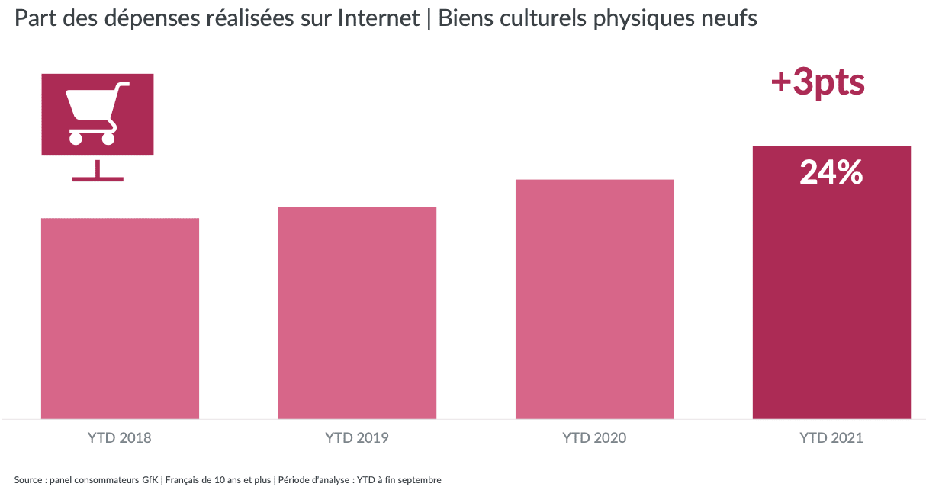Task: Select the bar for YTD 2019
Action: (357, 312)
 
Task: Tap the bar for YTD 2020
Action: (594, 299)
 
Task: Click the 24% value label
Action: (831, 174)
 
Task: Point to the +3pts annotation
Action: (817, 82)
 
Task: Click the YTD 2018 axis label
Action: (120, 438)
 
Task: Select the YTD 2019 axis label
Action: (357, 438)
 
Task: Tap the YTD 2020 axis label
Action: (594, 438)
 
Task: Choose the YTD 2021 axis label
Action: (831, 438)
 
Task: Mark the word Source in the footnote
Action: (27, 479)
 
